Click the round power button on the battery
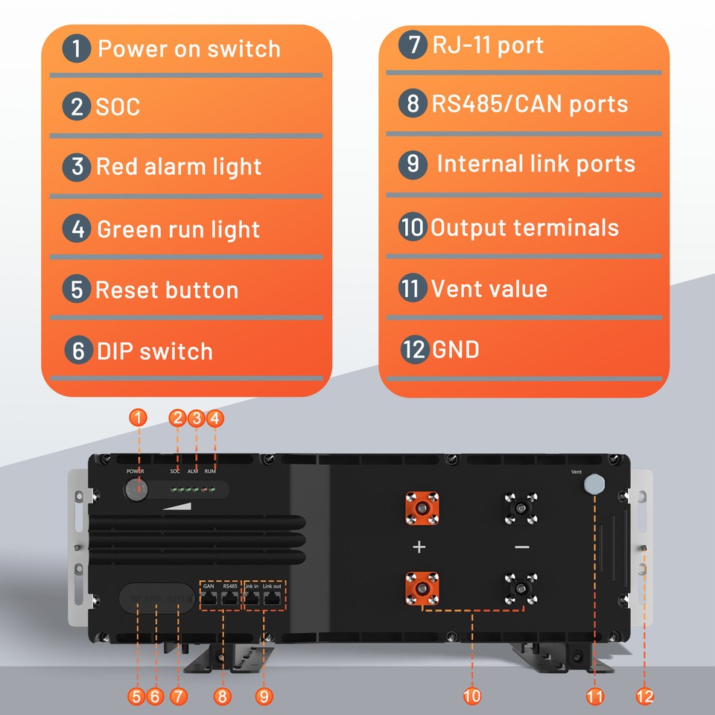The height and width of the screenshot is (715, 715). click(x=136, y=490)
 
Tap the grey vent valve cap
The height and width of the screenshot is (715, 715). click(x=594, y=485)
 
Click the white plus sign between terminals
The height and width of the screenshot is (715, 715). click(x=419, y=547)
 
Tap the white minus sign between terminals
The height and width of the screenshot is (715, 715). click(x=521, y=547)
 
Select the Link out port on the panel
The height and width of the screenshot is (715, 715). click(x=272, y=599)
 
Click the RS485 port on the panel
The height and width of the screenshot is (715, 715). click(x=230, y=599)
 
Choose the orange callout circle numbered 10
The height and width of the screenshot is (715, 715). click(x=471, y=696)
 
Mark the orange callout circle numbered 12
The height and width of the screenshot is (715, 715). click(x=645, y=696)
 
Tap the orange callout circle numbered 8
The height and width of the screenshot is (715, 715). click(x=221, y=696)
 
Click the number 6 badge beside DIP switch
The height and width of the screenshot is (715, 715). click(x=78, y=351)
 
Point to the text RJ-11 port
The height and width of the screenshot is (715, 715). click(x=488, y=45)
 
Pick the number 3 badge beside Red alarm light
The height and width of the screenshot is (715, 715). click(x=78, y=166)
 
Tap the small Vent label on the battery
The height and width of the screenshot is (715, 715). click(x=576, y=471)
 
